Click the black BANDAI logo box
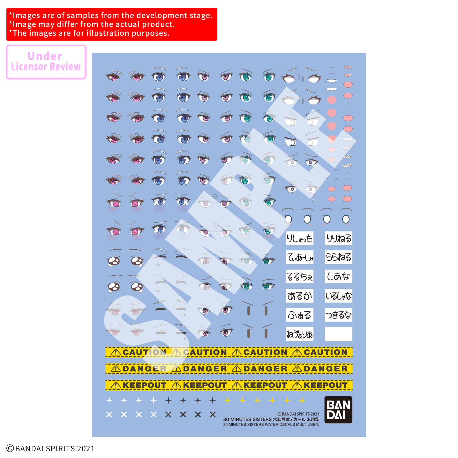pos(338,410)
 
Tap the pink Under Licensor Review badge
pos(46,62)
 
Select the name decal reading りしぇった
pos(300,238)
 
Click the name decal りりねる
pos(339,238)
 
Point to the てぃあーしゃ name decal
pos(300,257)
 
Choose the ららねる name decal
pos(339,257)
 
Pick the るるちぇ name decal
pos(300,277)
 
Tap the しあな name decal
pos(339,277)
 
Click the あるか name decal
pos(300,296)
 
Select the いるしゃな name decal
pos(339,296)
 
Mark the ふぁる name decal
pos(300,315)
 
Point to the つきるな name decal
pos(339,315)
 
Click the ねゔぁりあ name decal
pos(300,334)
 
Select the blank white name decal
pos(339,334)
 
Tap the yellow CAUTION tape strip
pos(229,352)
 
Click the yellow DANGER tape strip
pos(229,369)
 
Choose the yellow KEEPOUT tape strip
pos(229,385)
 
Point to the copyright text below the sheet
pos(51,448)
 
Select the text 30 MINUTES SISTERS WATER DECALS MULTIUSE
pos(271,424)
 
